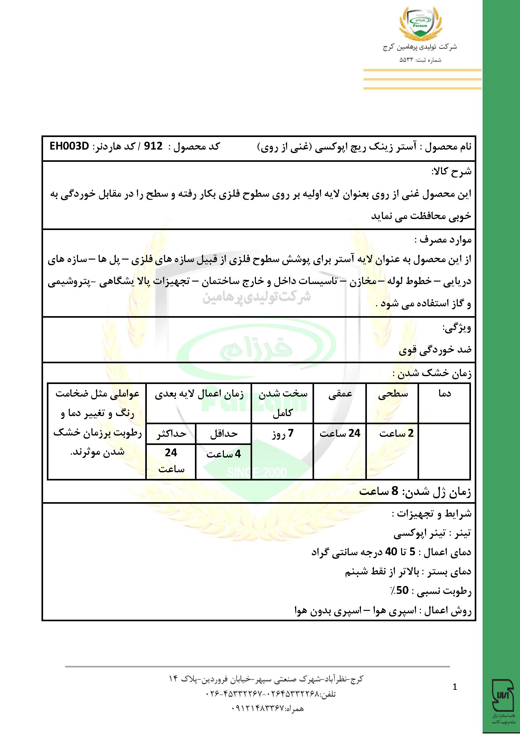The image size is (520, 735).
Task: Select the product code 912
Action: pyautogui.click(x=153, y=146)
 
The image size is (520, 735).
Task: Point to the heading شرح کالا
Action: pyautogui.click(x=451, y=172)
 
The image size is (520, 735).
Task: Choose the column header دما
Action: pyautogui.click(x=445, y=393)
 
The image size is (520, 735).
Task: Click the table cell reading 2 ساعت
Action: pyautogui.click(x=396, y=433)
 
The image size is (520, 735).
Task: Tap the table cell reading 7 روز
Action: pyautogui.click(x=282, y=434)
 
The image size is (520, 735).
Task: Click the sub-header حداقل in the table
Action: pyautogui.click(x=224, y=434)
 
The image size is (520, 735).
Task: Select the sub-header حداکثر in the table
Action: pyautogui.click(x=171, y=434)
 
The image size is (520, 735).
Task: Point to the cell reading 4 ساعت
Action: pyautogui.click(x=224, y=454)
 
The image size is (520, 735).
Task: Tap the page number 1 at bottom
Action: pyautogui.click(x=455, y=687)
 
